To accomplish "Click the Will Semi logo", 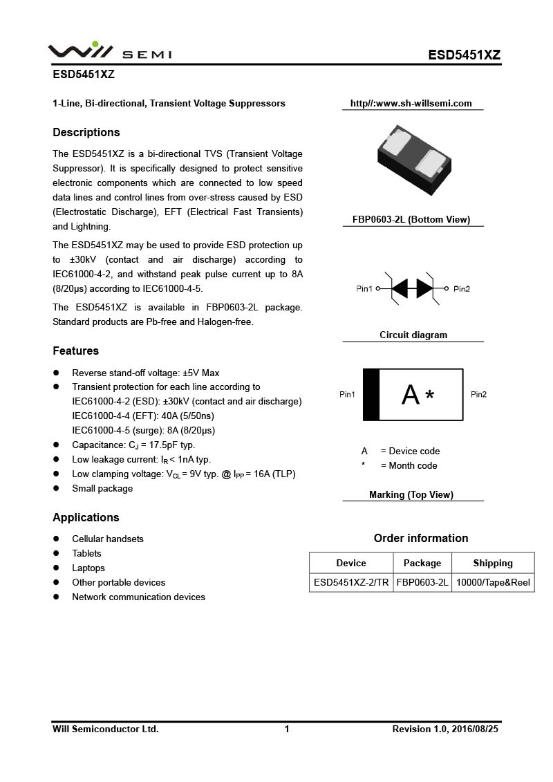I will [x=109, y=52].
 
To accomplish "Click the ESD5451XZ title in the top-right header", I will [x=464, y=55].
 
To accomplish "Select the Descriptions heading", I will [x=86, y=132].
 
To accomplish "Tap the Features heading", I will [x=75, y=351].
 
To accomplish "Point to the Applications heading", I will [x=86, y=517].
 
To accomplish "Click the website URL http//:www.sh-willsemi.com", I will [x=411, y=104].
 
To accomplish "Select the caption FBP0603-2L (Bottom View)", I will [x=413, y=219].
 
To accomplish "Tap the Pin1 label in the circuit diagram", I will [x=364, y=288].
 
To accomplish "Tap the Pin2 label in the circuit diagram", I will [x=462, y=288].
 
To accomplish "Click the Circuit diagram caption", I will [x=413, y=335].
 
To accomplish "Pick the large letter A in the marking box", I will [x=411, y=395].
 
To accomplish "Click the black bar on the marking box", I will [x=371, y=395].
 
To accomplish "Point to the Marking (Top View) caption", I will [x=411, y=494].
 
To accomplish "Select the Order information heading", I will [x=421, y=538].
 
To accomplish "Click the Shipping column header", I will [x=493, y=563].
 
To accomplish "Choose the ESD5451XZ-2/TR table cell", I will [x=351, y=582].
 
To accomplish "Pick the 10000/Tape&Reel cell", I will [x=493, y=582].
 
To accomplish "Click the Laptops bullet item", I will [x=88, y=568].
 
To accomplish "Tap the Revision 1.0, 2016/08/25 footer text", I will [x=445, y=729].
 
